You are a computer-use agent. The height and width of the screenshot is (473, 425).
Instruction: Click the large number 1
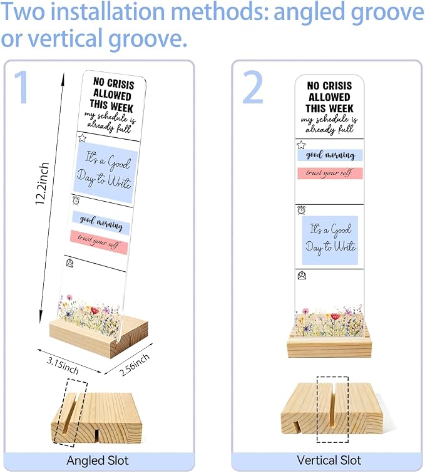22,87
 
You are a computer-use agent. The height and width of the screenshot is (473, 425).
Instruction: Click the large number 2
253,87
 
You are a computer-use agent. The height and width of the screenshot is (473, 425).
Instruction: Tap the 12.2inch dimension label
42,184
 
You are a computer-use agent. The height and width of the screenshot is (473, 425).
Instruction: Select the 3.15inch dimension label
63,365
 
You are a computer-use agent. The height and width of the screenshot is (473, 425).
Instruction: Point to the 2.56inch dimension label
135,365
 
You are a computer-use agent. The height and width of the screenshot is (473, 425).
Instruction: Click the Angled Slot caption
98,460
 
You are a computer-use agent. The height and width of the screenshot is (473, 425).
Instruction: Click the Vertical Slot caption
329,460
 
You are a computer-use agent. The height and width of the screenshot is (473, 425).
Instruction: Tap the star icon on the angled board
82,138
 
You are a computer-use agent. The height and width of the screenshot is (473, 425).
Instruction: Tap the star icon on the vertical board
301,145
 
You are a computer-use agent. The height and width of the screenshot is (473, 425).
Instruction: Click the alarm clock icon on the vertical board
302,210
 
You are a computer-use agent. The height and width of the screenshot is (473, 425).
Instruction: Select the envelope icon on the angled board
69,263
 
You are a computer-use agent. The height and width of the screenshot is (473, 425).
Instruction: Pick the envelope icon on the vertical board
302,276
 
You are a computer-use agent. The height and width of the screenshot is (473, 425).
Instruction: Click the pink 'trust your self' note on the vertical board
330,174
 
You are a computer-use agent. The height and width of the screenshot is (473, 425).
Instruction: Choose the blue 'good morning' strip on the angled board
101,222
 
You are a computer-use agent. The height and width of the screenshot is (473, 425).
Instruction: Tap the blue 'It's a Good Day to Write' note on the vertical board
330,240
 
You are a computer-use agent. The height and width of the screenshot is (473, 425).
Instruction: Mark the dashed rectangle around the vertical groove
317,409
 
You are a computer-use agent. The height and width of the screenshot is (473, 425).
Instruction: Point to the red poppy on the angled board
95,310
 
